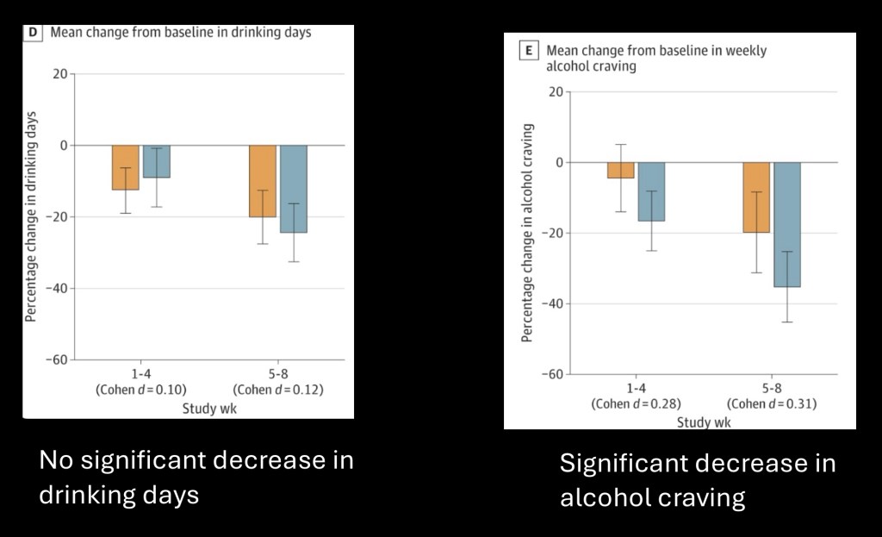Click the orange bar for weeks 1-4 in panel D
[x=125, y=167]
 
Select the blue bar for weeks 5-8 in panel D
[x=294, y=189]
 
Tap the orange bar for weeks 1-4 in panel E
[x=621, y=170]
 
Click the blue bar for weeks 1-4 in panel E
[x=651, y=191]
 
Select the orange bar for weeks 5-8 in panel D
[x=263, y=181]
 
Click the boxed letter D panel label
[x=34, y=32]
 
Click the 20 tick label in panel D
[x=59, y=74]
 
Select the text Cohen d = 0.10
[x=140, y=389]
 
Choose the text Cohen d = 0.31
[x=772, y=403]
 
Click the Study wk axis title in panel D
[x=208, y=409]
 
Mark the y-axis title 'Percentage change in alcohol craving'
[x=527, y=233]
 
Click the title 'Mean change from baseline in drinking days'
[x=180, y=32]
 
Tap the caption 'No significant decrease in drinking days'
[x=196, y=477]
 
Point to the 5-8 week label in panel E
[x=772, y=389]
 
